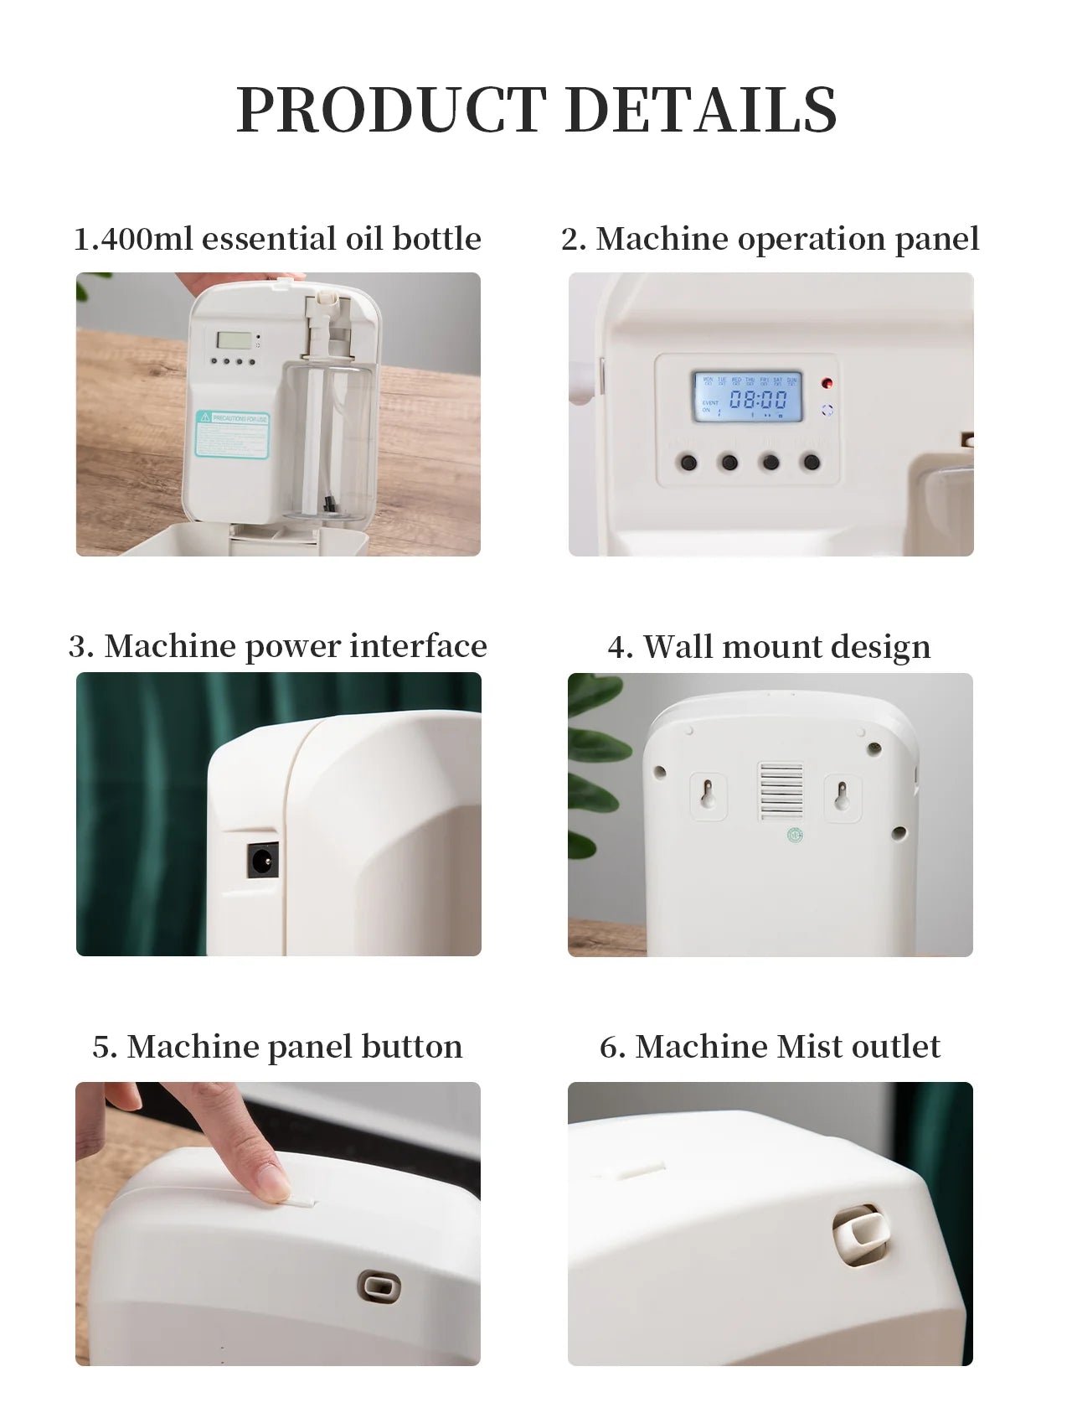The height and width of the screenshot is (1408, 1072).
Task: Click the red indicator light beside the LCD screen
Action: [x=827, y=384]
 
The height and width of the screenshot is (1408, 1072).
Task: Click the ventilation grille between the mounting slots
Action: [x=781, y=790]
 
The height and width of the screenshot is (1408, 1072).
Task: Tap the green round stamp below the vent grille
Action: [x=795, y=836]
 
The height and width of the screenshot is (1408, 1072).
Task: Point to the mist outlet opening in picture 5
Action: [x=379, y=1286]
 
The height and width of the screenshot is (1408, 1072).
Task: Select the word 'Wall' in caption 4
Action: [x=678, y=646]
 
